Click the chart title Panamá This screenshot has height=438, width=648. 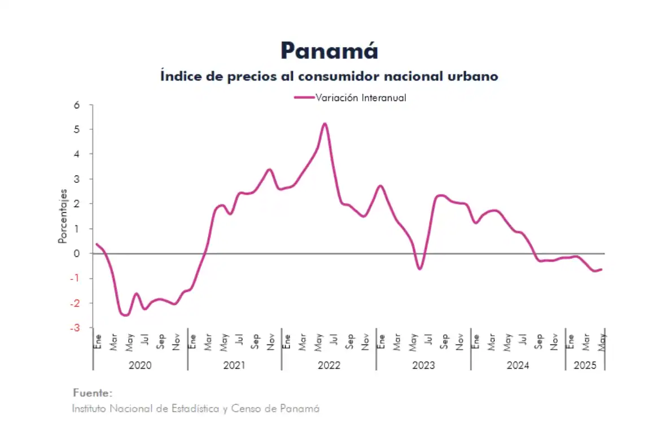click(x=329, y=51)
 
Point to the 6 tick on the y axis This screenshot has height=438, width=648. click(x=76, y=105)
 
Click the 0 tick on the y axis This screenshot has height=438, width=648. click(x=76, y=253)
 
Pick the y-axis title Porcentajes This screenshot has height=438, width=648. click(x=63, y=217)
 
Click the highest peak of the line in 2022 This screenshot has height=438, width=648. click(x=325, y=124)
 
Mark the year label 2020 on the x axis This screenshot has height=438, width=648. click(x=140, y=365)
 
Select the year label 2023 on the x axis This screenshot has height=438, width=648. click(x=423, y=365)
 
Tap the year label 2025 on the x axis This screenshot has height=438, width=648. click(x=585, y=365)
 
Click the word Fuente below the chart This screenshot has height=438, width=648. click(x=93, y=393)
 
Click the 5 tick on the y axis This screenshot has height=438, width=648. click(x=76, y=130)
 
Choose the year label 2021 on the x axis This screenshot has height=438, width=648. click(x=234, y=365)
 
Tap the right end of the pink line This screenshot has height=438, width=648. click(x=601, y=269)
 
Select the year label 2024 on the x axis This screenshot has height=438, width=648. click(x=518, y=365)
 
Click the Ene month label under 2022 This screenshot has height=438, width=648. click(x=287, y=341)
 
